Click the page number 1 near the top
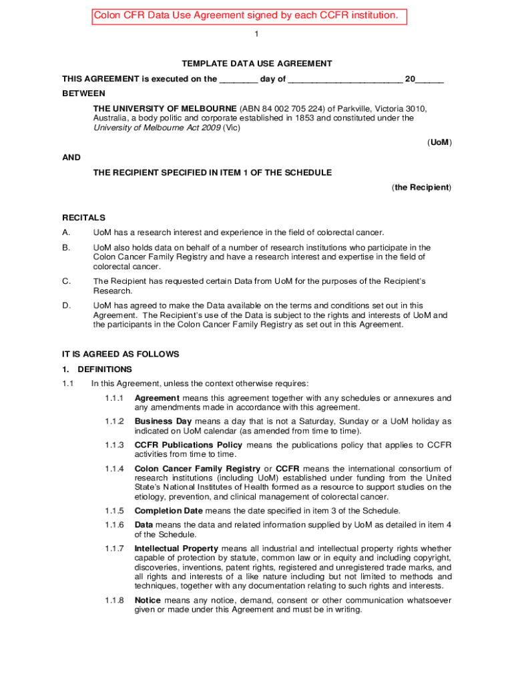257,35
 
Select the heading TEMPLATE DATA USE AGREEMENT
257,63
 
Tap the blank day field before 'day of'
238,79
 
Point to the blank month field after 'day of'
345,79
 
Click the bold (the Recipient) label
422,188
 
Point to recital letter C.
66,281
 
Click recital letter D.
66,305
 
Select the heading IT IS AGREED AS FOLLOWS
121,354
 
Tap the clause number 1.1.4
114,468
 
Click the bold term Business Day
163,421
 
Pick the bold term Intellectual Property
176,548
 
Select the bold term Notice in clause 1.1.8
148,601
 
